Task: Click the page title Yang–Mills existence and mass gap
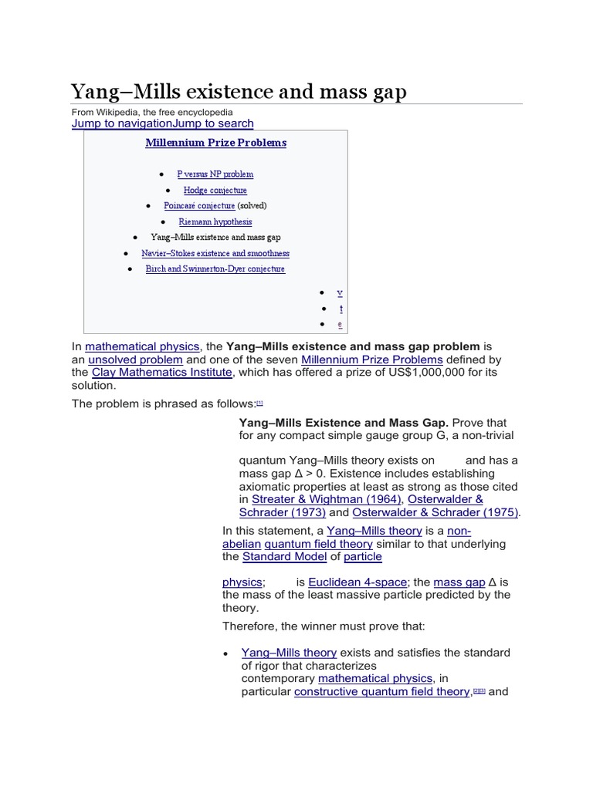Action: click(239, 92)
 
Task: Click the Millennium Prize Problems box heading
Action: click(215, 143)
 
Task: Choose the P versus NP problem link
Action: click(215, 174)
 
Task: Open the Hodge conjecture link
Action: click(215, 191)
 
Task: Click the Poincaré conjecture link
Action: click(199, 206)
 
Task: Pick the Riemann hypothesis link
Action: click(215, 222)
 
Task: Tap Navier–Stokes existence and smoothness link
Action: click(215, 254)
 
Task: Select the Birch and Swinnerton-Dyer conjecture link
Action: click(215, 269)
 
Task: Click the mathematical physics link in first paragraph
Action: click(142, 347)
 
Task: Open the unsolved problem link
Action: click(135, 360)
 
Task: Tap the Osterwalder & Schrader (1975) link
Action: click(435, 512)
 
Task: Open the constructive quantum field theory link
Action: click(381, 692)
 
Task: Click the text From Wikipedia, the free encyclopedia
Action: click(152, 112)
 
